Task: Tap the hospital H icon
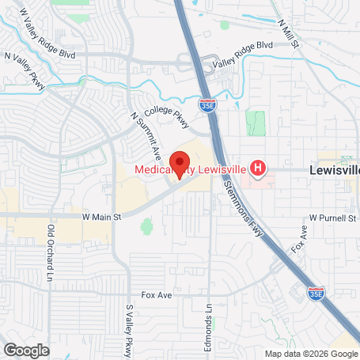pyautogui.click(x=257, y=168)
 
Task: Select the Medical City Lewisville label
pyautogui.click(x=190, y=169)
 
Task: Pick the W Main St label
pyautogui.click(x=100, y=215)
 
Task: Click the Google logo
pyautogui.click(x=27, y=349)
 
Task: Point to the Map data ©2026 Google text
pyautogui.click(x=310, y=354)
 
